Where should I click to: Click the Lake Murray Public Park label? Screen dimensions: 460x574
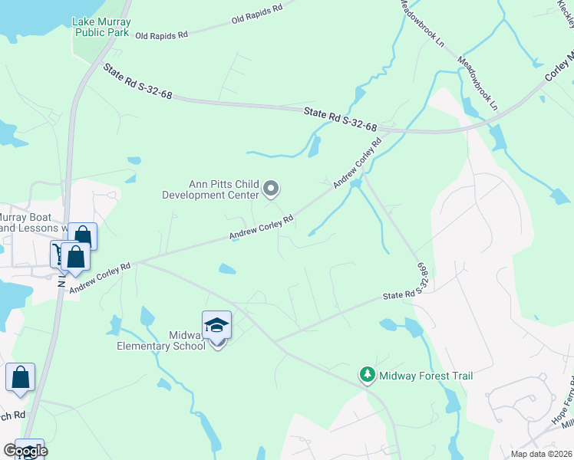coord(102,27)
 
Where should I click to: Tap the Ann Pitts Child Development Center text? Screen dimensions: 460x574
coord(210,189)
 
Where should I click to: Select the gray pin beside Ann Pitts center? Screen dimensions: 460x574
coord(270,188)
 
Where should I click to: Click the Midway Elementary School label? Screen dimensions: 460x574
coord(160,340)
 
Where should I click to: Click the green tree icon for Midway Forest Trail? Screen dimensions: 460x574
coord(368,375)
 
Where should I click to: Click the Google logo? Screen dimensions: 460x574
coord(25,451)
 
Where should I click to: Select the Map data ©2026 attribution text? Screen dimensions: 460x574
coord(540,454)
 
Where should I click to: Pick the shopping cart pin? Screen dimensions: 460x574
coord(61,255)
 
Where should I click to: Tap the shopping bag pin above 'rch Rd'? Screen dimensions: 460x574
coord(20,378)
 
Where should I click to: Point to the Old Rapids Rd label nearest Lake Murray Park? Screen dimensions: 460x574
coord(161,35)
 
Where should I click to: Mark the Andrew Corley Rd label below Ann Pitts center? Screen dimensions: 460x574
coord(263,228)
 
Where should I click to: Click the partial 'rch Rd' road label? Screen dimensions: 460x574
coord(13,415)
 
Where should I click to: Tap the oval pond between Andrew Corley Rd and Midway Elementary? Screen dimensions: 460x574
coord(227,268)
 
